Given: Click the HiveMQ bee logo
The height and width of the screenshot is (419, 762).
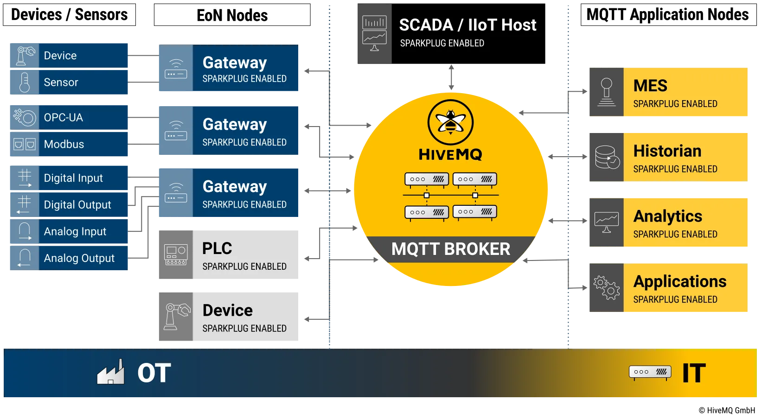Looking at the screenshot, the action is (x=450, y=122).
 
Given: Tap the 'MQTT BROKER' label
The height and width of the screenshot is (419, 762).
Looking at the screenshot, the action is (x=451, y=249).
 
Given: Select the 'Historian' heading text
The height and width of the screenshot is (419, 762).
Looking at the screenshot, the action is (x=667, y=151).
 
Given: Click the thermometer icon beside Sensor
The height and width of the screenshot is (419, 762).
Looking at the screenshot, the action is (x=25, y=83).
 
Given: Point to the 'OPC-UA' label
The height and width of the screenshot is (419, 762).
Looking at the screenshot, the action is (x=64, y=118).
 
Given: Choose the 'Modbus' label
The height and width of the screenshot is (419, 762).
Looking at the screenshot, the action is (x=64, y=144).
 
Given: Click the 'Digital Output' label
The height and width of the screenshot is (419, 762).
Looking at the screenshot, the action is (x=77, y=205).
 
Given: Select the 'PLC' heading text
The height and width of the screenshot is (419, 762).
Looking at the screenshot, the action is (x=217, y=248).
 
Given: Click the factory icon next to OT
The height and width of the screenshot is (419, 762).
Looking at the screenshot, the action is (x=110, y=372).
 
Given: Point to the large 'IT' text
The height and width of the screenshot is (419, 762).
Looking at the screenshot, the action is (x=694, y=373).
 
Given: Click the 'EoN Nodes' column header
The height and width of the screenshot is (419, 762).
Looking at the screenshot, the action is (x=232, y=15).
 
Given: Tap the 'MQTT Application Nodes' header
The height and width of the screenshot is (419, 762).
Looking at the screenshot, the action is (x=667, y=15).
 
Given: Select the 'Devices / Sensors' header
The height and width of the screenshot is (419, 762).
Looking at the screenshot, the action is (x=70, y=15).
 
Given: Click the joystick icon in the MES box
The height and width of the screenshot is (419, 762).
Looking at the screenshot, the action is (x=607, y=92).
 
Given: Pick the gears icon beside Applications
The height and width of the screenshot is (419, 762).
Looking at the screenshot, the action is (x=607, y=288).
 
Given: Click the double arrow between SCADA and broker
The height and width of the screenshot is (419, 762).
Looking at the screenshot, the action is (x=451, y=77).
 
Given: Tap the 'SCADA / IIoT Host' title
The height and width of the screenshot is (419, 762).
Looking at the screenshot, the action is (x=467, y=25).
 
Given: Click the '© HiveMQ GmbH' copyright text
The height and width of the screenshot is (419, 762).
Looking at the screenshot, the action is (x=727, y=410).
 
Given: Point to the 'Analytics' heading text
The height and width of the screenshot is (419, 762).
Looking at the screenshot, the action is (x=668, y=216).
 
